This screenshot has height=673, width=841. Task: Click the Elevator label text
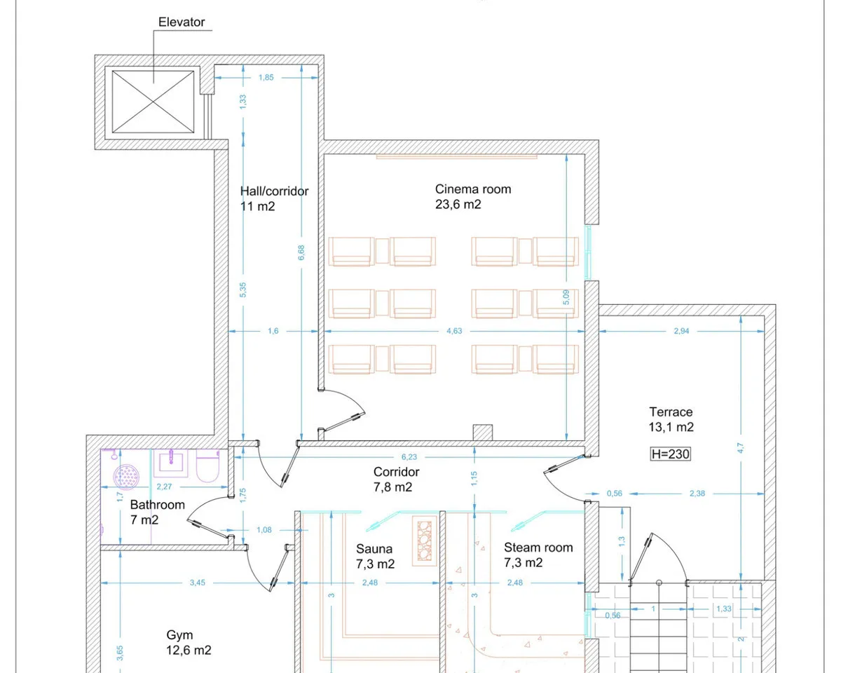pos(182,22)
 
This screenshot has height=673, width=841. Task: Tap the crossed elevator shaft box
pos(153,102)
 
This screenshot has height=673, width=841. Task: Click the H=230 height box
pos(670,454)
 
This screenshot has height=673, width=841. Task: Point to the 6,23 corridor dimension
pos(409,457)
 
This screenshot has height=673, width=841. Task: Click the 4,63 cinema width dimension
pos(454,331)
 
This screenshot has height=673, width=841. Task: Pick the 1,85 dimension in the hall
pos(266,77)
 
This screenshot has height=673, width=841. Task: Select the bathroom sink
pos(170,463)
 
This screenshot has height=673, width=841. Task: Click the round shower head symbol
pos(126,477)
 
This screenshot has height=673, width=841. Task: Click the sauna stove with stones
pos(425,541)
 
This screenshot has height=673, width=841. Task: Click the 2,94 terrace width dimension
pos(681,331)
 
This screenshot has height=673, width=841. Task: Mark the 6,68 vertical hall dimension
pos(301,252)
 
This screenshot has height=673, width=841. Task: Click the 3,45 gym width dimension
pos(198,583)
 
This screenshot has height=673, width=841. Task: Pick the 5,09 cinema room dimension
pos(566,297)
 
